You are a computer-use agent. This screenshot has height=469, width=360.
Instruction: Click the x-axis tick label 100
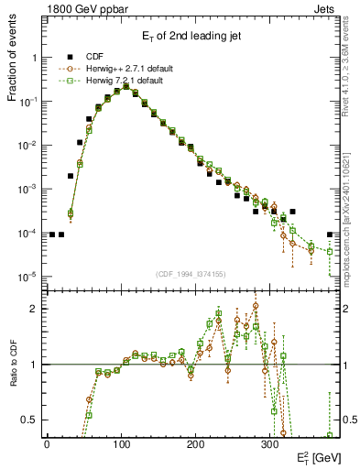[x=121, y=443]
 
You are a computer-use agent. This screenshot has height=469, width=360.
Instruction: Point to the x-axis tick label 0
[x=47, y=443]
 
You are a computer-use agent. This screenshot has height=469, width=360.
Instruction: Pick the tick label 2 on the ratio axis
[x=36, y=309]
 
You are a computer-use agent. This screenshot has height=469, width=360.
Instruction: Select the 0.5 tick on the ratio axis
[x=32, y=420]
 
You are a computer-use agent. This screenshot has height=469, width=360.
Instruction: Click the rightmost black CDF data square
[x=330, y=234]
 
